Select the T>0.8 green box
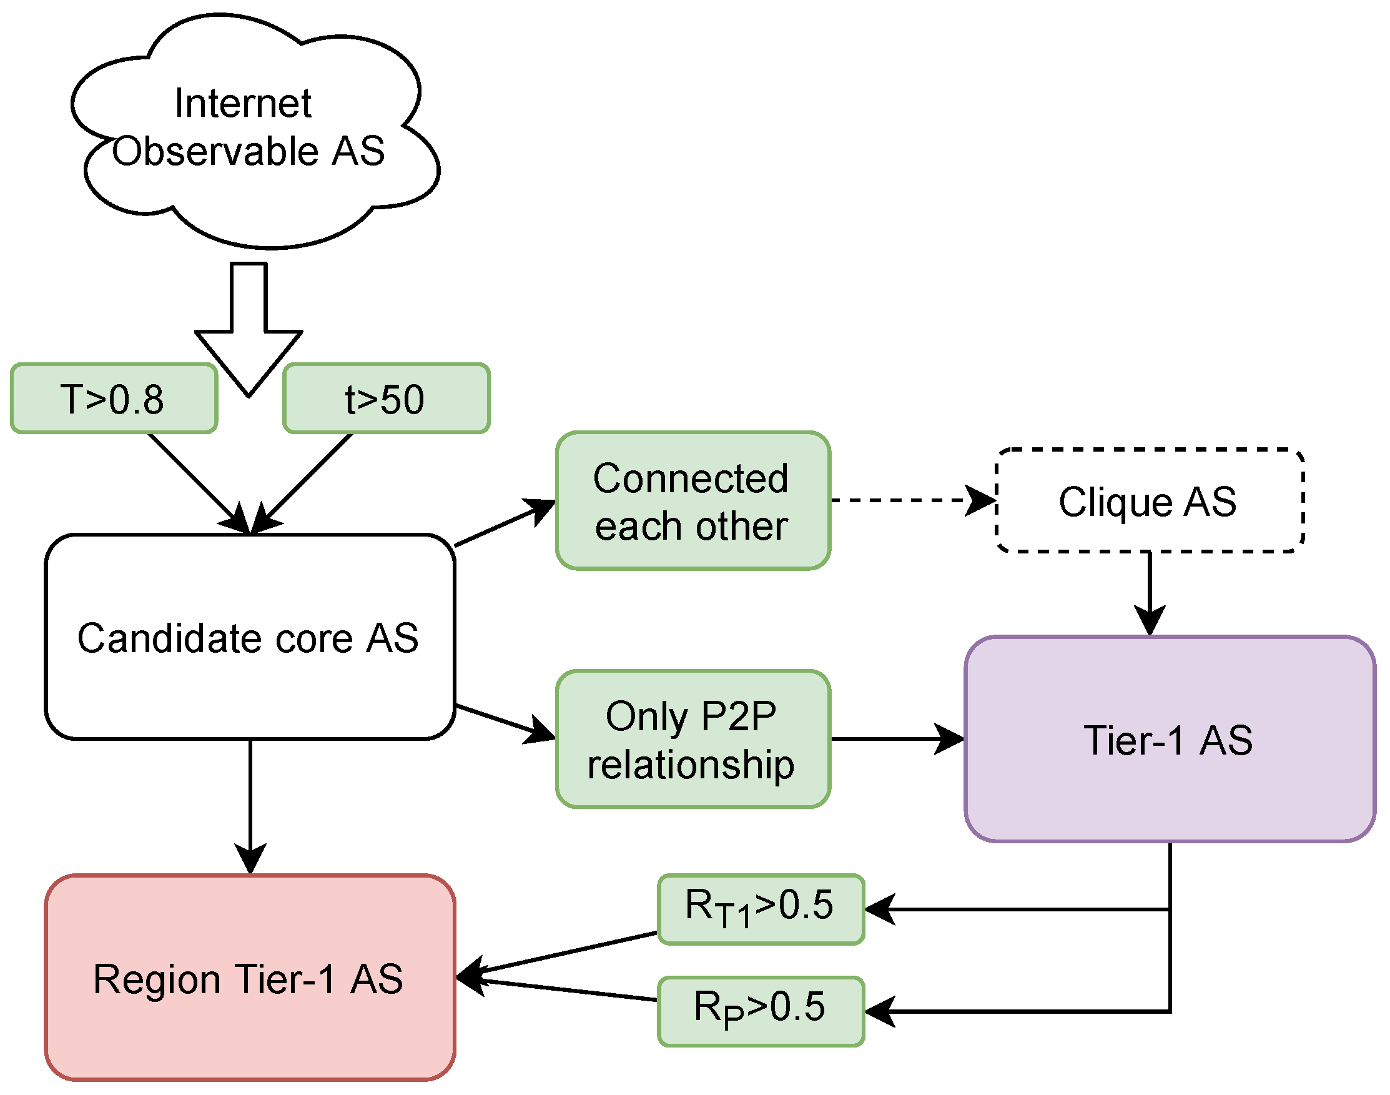pos(114,399)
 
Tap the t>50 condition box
pos(386,399)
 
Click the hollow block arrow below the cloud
pos(248,334)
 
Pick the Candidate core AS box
pos(249,637)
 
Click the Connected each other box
pos(693,501)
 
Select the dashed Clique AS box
pos(1150,500)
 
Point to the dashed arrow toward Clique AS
pos(910,500)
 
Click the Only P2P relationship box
pos(693,739)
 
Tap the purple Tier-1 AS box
pos(1170,739)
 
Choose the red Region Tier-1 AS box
pos(249,978)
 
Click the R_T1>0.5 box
pos(761,909)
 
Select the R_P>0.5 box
pos(761,1011)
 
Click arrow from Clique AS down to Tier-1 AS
pos(1150,590)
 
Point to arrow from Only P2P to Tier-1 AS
pos(897,739)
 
